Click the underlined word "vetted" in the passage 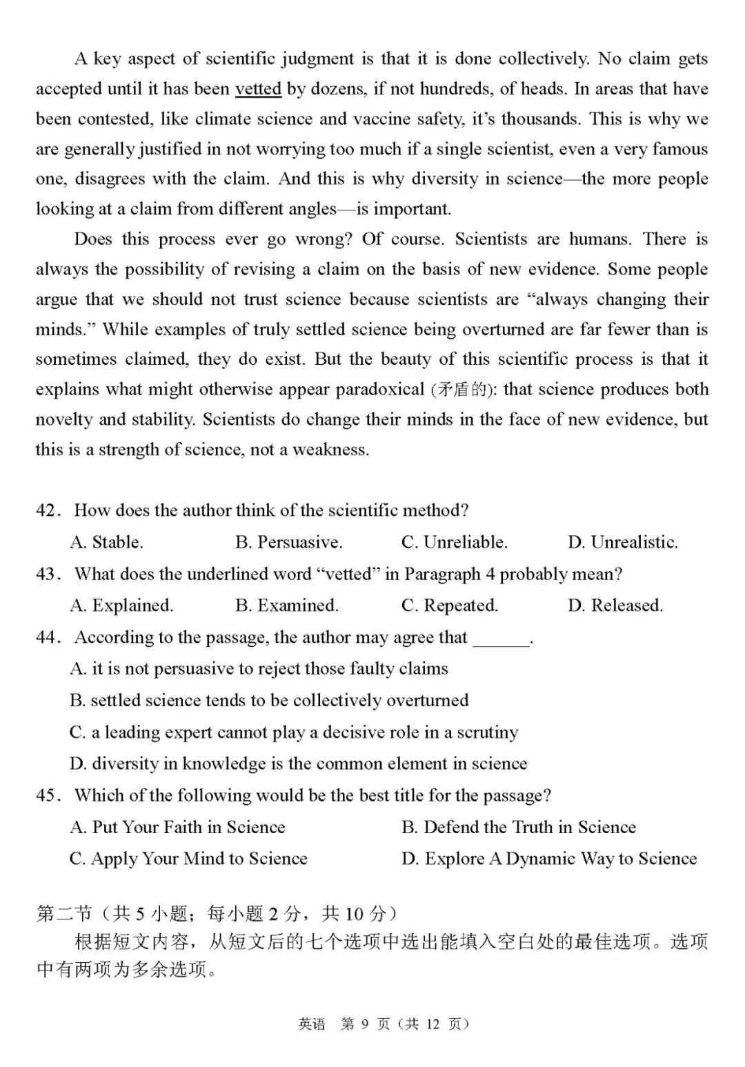[x=258, y=89]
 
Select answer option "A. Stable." [x=106, y=542]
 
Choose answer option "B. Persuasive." [x=288, y=542]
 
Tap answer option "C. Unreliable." [x=454, y=542]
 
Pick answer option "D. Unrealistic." [x=622, y=542]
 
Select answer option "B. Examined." [x=286, y=606]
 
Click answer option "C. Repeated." [x=449, y=606]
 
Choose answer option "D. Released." [x=615, y=606]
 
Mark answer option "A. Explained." [x=121, y=606]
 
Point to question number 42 [x=46, y=510]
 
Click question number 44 [x=46, y=637]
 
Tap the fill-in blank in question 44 [x=501, y=639]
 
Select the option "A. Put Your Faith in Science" [x=177, y=827]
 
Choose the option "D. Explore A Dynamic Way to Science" [x=548, y=859]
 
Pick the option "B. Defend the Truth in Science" [x=518, y=827]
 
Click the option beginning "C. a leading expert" [x=294, y=732]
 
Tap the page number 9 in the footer [x=365, y=1024]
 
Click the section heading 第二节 [x=63, y=914]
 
